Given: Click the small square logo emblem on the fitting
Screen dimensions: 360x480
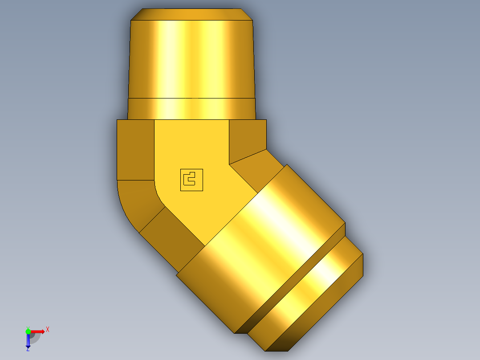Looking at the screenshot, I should pyautogui.click(x=191, y=180).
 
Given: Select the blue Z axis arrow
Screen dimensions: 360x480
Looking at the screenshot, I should pyautogui.click(x=28, y=340).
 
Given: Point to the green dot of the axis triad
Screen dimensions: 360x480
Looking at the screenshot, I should pyautogui.click(x=28, y=331).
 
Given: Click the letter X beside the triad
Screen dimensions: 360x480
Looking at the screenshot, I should pyautogui.click(x=48, y=329).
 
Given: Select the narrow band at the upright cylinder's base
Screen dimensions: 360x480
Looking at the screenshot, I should pyautogui.click(x=191, y=108).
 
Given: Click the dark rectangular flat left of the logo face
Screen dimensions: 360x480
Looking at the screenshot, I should pyautogui.click(x=135, y=149).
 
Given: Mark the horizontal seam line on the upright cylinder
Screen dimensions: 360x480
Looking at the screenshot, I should pyautogui.click(x=191, y=98).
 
